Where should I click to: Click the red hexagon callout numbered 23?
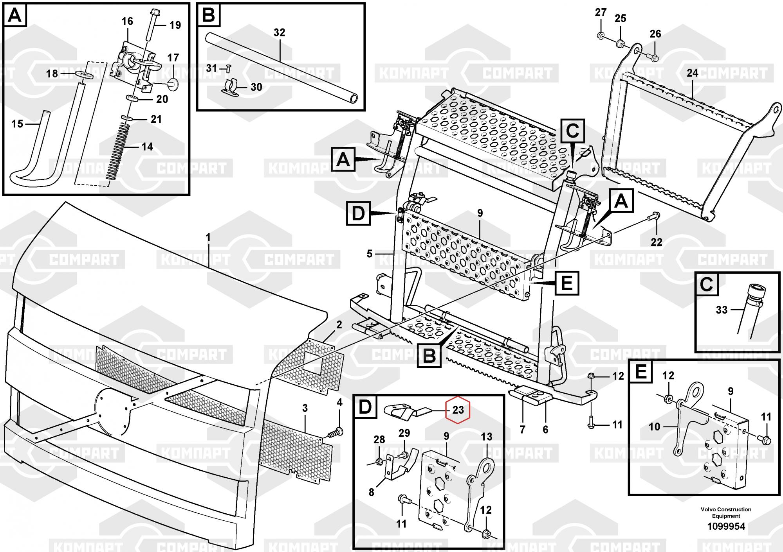point(458,410)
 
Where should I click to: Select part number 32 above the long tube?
point(279,32)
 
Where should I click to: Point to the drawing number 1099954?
point(726,526)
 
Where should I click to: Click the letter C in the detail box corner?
point(707,284)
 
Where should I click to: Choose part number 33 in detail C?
point(722,310)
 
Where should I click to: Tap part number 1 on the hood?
point(208,237)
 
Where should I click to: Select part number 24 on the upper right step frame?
point(692,73)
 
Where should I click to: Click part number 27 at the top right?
point(601,13)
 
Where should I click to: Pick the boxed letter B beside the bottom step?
point(429,356)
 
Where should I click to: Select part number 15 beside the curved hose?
point(17,124)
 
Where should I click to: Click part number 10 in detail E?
point(654,427)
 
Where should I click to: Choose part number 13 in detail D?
point(486,437)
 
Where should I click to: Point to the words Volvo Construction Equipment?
point(726,513)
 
